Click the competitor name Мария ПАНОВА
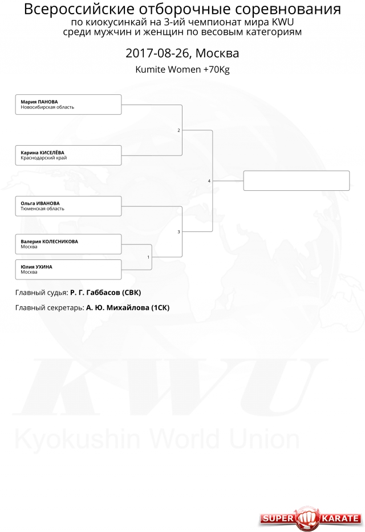click(39, 102)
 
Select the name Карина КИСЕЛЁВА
click(42, 153)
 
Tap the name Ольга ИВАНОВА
click(40, 203)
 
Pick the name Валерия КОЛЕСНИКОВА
click(50, 242)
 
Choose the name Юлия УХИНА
click(36, 267)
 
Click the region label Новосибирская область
click(47, 107)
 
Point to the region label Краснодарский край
click(44, 158)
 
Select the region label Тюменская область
click(42, 209)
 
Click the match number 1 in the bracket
click(148, 257)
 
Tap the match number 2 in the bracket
click(179, 130)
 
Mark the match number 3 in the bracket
click(179, 232)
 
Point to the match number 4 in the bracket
click(209, 181)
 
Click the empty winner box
click(296, 181)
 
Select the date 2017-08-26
click(159, 53)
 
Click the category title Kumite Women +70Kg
click(182, 70)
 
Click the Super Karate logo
click(310, 518)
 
